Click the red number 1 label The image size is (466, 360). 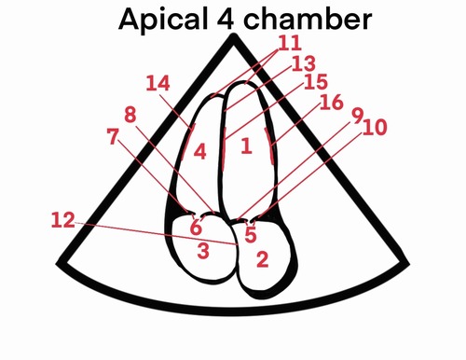(x=246, y=145)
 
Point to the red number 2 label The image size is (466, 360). (x=262, y=258)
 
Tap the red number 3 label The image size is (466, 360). (x=202, y=249)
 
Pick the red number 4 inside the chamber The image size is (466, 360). (x=200, y=149)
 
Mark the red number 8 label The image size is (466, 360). (x=130, y=115)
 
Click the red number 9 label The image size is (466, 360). (x=357, y=116)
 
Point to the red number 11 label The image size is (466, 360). (x=289, y=42)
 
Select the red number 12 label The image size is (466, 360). (x=62, y=221)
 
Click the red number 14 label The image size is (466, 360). (x=158, y=83)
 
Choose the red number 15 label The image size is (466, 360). (x=316, y=81)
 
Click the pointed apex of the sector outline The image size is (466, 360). (x=234, y=37)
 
